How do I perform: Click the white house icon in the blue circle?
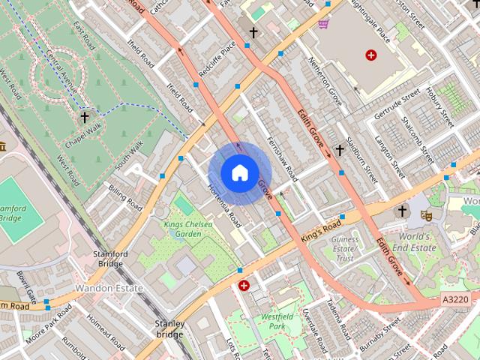[238, 172]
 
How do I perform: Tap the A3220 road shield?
[455, 299]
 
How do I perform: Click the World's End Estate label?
[413, 241]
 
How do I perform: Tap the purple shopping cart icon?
[323, 24]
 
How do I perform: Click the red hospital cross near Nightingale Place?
[370, 55]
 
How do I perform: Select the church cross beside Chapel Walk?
[85, 117]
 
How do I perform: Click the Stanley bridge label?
[169, 328]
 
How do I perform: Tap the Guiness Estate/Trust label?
[345, 248]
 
